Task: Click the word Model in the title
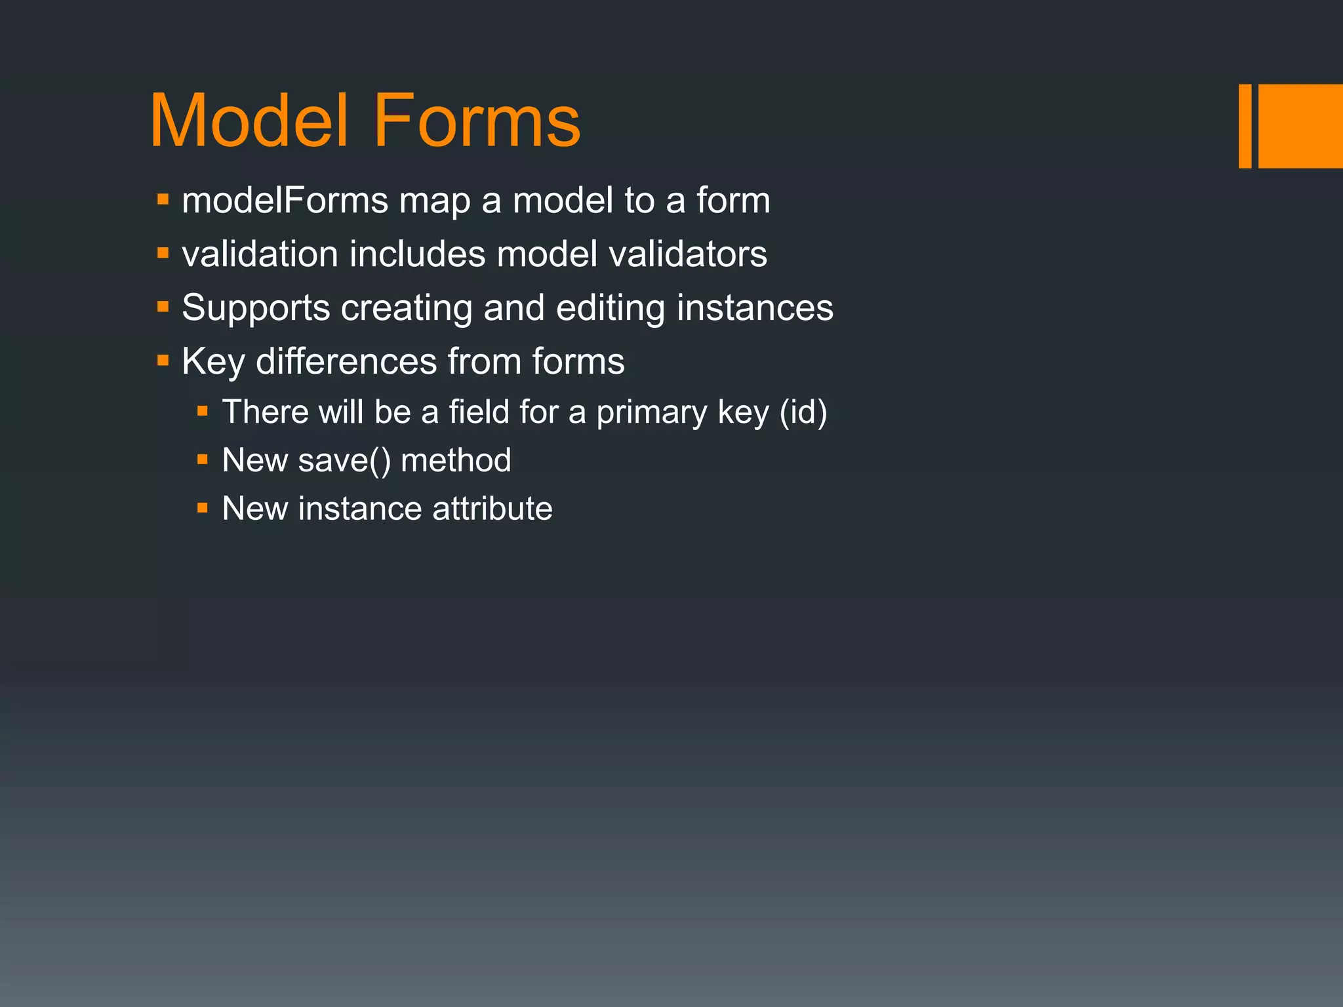tap(249, 121)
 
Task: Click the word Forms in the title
tap(477, 121)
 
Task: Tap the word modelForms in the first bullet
tap(285, 200)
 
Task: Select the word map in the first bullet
tap(435, 201)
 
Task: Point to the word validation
tap(260, 254)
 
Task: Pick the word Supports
tap(256, 308)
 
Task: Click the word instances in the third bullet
tap(755, 307)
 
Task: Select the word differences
tap(346, 361)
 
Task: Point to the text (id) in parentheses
tap(803, 412)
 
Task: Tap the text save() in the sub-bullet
tap(344, 460)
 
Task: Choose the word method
tap(456, 460)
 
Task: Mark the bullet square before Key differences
tap(163, 360)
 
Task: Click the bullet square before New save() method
tap(203, 460)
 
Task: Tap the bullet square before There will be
tap(203, 411)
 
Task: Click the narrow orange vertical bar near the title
tap(1245, 126)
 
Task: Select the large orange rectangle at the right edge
tap(1300, 126)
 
